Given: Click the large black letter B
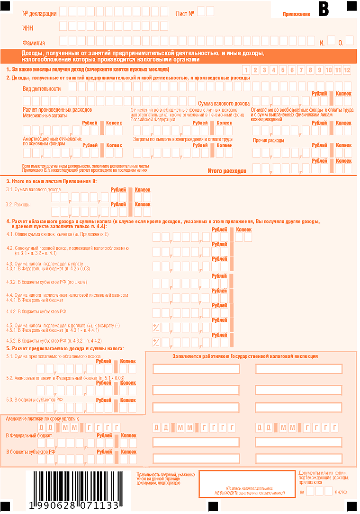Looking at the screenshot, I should point(324,9).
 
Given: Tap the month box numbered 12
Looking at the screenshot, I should point(347,70).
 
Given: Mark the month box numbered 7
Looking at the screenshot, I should point(301,70).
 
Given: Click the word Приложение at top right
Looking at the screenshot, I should point(297,14).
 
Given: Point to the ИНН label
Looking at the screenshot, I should point(28,28).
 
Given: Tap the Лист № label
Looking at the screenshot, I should point(185,13).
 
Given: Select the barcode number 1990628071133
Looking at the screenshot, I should point(73,505).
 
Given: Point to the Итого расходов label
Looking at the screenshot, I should point(227,170).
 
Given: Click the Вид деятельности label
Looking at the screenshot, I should point(42,89).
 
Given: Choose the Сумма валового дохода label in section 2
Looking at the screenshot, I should point(224,103).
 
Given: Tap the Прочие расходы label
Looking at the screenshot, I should point(268,141).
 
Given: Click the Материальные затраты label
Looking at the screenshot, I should point(45,115).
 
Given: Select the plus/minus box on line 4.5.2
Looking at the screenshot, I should point(156,342).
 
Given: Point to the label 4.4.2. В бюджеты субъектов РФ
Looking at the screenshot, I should point(36,311).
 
